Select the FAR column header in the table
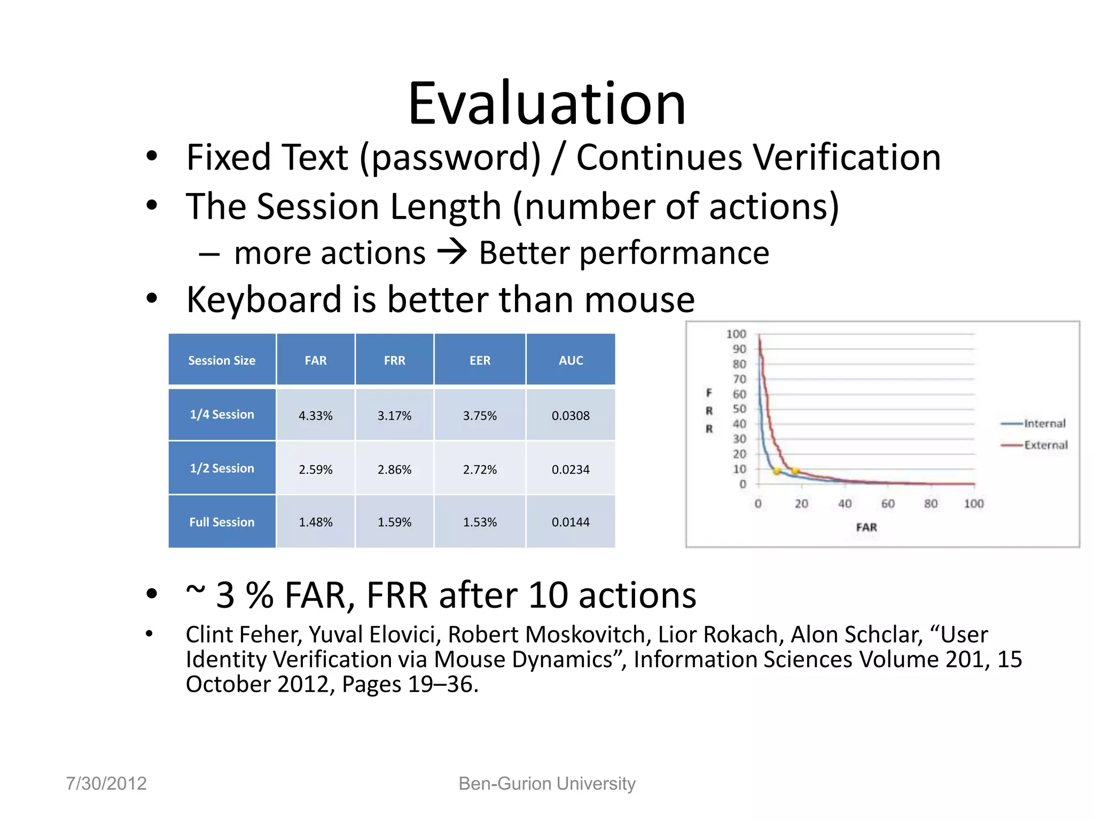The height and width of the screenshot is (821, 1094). [315, 360]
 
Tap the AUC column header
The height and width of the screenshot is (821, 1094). [571, 360]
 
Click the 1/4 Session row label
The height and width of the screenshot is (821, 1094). [222, 414]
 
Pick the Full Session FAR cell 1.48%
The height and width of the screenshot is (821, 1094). [315, 522]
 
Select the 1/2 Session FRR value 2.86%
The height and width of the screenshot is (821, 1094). [394, 469]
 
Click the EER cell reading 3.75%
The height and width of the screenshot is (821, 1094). [480, 416]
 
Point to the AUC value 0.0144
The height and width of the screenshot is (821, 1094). [571, 522]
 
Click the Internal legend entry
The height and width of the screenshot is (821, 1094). [1044, 423]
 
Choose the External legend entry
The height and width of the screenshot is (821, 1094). [1045, 445]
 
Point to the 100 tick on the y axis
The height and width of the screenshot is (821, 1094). [736, 334]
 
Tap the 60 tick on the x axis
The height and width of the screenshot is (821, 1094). [888, 504]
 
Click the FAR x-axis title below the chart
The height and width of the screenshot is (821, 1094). [866, 527]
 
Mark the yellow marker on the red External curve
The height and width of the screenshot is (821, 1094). [795, 471]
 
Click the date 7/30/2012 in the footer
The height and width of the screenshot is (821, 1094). [106, 783]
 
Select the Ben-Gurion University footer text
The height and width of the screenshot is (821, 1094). [546, 783]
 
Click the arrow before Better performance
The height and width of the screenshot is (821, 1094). [452, 252]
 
